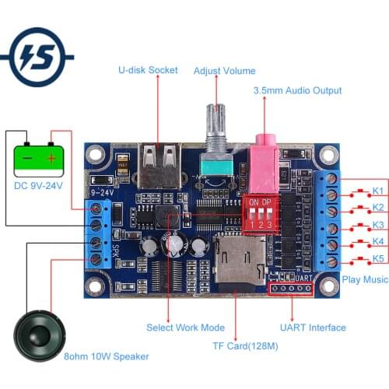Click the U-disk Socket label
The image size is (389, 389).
tap(148, 70)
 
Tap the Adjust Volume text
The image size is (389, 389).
tap(224, 71)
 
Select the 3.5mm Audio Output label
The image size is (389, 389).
tap(297, 90)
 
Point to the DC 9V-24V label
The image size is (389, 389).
tap(37, 185)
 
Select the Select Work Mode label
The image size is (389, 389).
tap(185, 328)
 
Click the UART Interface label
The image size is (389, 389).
tap(313, 328)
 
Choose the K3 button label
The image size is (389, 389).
tap(377, 226)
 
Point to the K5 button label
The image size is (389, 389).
tap(377, 259)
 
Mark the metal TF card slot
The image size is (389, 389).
tap(238, 263)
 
